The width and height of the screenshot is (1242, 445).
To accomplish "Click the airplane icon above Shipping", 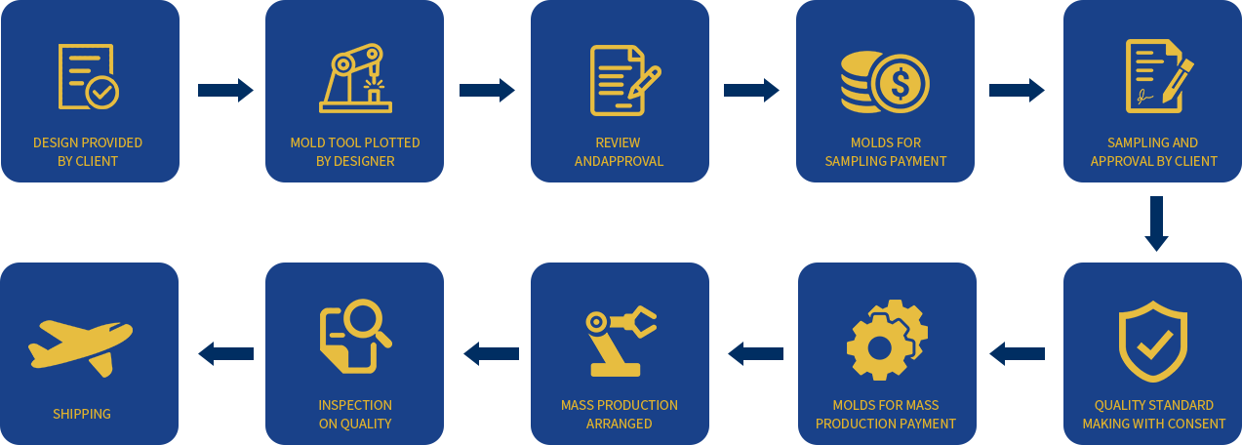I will pos(80,344).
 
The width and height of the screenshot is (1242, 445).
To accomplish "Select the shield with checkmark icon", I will pos(1152,341).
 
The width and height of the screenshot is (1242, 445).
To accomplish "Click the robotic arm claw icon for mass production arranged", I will pos(621,341).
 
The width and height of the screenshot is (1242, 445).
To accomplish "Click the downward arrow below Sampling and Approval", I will pos(1158,223).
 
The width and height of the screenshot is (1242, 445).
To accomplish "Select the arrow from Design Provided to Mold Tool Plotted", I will pos(224,91).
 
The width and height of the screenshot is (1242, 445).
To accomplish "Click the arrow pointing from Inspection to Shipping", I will pos(224,353).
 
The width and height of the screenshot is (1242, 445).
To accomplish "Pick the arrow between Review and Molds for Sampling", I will pos(750,91).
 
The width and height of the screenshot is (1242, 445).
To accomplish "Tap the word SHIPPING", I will pos(82,414).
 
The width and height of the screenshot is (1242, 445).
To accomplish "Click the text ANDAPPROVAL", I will pos(619,161).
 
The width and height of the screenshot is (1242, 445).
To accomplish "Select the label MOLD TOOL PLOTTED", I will pos(355,142).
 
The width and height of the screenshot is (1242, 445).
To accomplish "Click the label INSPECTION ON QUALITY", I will pos(355,414).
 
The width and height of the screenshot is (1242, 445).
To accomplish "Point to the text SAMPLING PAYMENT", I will pos(886,161).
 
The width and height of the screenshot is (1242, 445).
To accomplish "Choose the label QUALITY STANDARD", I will pos(1154,405).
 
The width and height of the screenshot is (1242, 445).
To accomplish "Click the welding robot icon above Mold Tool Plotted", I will pos(355,78).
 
